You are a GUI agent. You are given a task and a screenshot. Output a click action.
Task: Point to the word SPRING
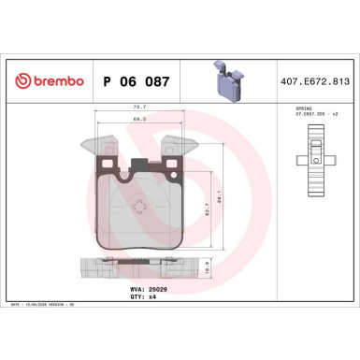tap(296, 109)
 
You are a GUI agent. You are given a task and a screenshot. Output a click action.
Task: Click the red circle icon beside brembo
tap(19, 81)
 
